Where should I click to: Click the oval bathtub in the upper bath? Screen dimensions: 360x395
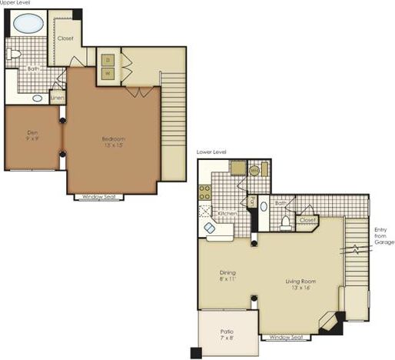(28, 23)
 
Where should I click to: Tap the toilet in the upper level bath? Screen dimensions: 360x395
(13, 55)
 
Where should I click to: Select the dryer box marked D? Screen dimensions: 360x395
(108, 59)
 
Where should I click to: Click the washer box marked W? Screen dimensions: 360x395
(108, 74)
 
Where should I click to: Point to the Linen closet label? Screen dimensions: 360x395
(56, 98)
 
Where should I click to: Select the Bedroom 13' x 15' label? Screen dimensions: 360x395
(112, 142)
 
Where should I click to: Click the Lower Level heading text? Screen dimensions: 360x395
(211, 152)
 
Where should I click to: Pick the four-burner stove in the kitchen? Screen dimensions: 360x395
(204, 190)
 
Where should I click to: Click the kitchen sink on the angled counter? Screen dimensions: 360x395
(210, 228)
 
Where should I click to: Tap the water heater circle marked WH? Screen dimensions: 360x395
(254, 171)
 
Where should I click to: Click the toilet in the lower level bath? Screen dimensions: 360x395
(285, 222)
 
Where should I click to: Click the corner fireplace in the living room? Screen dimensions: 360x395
(332, 322)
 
